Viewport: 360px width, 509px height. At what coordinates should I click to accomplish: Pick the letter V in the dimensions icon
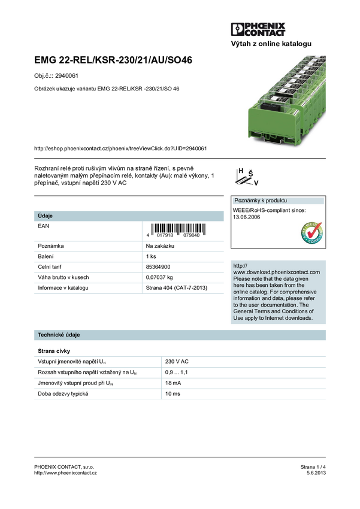coord(256,182)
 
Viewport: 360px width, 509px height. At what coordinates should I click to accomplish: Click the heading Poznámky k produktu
coord(260,201)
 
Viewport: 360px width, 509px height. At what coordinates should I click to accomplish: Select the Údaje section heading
coord(45,216)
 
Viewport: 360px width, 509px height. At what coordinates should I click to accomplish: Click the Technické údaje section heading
coord(59,335)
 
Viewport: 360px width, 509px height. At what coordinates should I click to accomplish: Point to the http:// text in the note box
coord(240,265)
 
